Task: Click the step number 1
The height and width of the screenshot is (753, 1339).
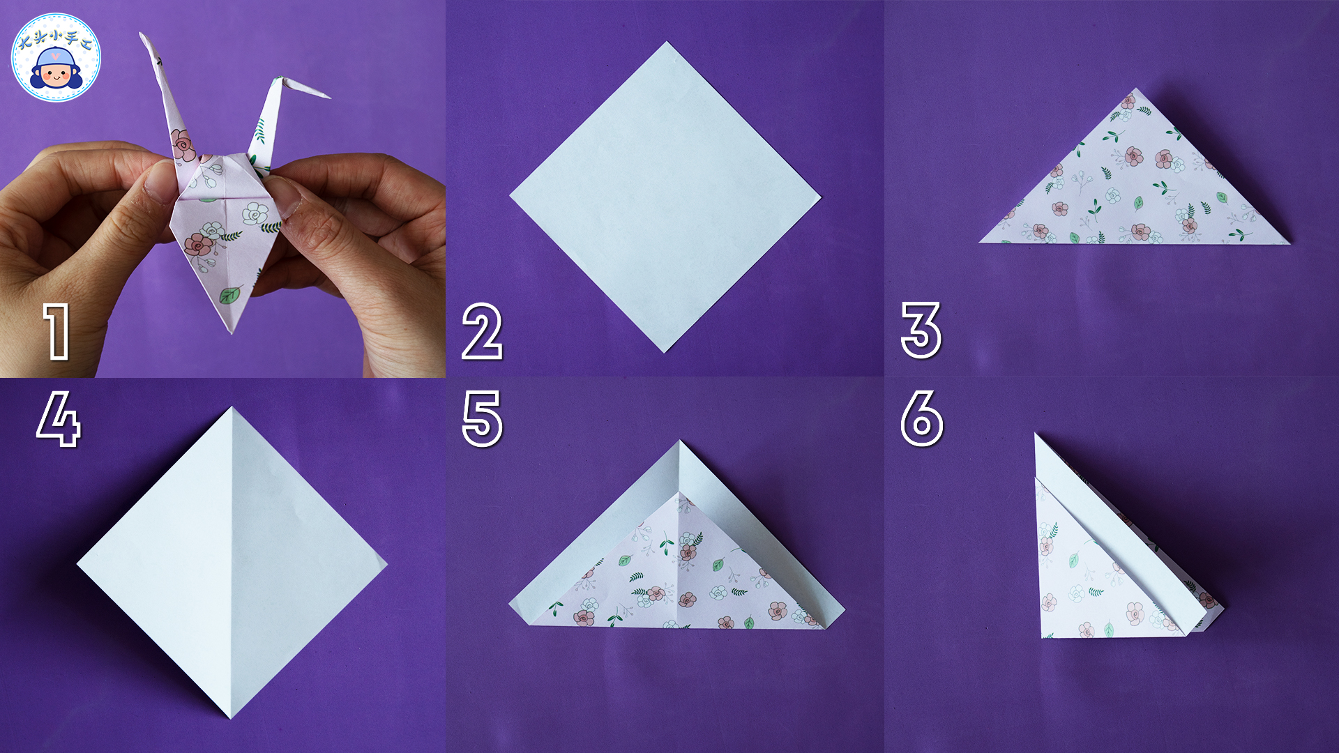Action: tap(57, 332)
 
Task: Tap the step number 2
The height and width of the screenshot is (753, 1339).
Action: tap(482, 332)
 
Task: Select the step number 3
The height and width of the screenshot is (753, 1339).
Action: tap(921, 330)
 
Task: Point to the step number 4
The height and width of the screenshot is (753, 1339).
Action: tap(59, 418)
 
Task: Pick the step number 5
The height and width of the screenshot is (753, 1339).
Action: tap(482, 418)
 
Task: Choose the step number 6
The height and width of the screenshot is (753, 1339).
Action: tap(922, 418)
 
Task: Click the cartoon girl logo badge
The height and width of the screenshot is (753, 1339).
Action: tap(56, 57)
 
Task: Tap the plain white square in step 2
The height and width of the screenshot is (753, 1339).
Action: tap(665, 197)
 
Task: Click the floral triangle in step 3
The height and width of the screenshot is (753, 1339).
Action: tap(1135, 181)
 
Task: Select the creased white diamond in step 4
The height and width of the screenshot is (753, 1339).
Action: tap(232, 563)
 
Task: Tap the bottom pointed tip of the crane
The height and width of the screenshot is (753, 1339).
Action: tap(232, 332)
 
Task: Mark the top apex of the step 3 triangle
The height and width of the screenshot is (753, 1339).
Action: tap(1137, 89)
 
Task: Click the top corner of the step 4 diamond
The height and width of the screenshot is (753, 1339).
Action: tap(232, 407)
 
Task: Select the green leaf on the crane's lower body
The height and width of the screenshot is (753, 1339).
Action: tap(231, 294)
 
